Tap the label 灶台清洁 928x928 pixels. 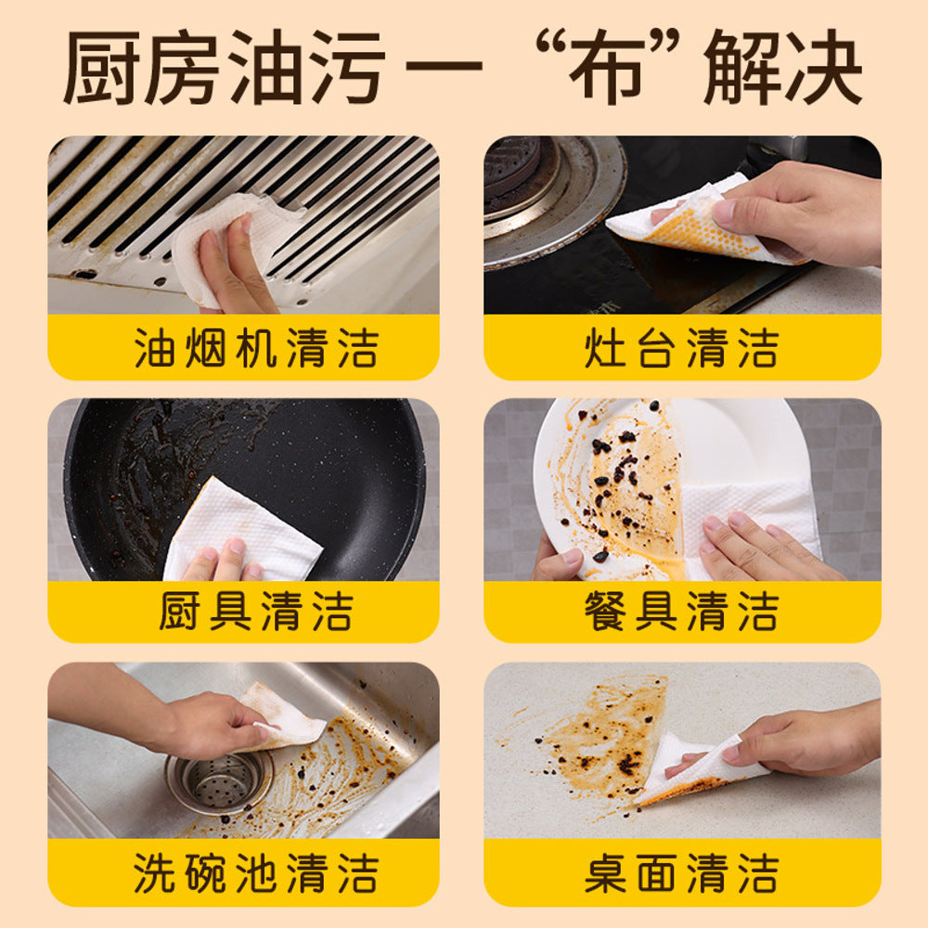click(x=682, y=349)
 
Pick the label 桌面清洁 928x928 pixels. click(x=682, y=874)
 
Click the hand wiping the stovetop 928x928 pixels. click(x=798, y=209)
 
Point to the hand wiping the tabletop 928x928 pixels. click(x=807, y=742)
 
